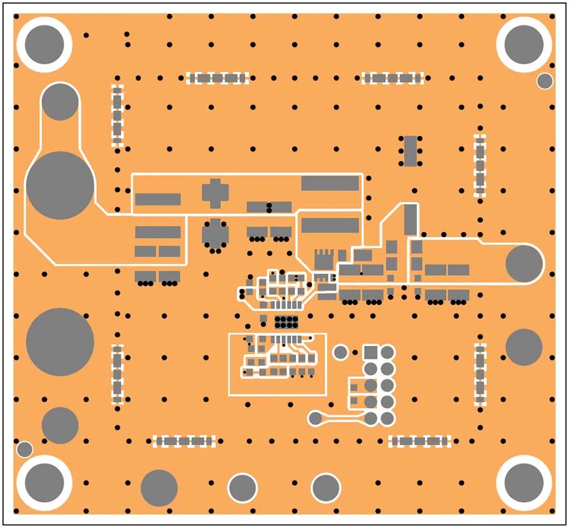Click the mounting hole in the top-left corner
[x=45, y=45]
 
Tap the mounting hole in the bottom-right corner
[x=524, y=481]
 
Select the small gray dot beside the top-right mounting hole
[x=545, y=81]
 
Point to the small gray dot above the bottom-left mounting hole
[x=24, y=449]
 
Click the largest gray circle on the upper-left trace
[x=60, y=185]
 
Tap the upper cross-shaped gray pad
[x=214, y=193]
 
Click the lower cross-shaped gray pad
[x=215, y=234]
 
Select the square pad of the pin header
[x=371, y=352]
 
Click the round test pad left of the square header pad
[x=341, y=352]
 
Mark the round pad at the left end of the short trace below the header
[x=315, y=418]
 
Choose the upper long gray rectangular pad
[x=330, y=183]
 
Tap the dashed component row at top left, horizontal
[x=217, y=78]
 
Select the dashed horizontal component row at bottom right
[x=420, y=441]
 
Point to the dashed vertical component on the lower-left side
[x=117, y=374]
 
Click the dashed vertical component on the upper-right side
[x=480, y=165]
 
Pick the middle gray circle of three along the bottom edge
[x=242, y=488]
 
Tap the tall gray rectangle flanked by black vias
[x=411, y=150]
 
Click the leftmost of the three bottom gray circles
[x=158, y=488]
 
